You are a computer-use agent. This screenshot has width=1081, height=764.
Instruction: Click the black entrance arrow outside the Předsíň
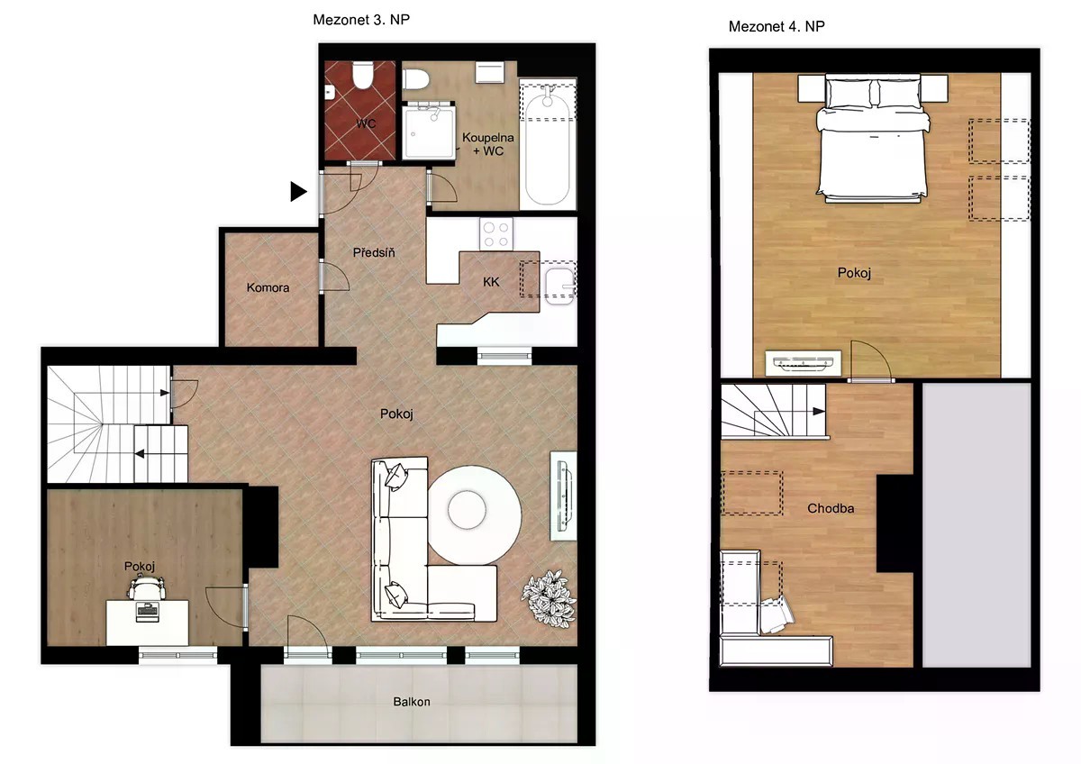pos(298,192)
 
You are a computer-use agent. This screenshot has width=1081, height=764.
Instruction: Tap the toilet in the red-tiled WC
pos(362,75)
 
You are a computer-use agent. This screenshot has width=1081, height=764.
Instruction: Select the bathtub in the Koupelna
pos(548,144)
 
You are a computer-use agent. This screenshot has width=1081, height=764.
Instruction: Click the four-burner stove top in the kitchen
pos(496,234)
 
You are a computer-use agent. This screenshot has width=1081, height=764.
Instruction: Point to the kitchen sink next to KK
pos(559,286)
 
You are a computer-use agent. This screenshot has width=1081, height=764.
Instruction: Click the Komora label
pos(268,287)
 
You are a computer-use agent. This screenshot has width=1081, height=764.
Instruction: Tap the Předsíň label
pos(374,252)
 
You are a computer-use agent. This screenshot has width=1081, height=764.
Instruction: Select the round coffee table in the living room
pos(475,514)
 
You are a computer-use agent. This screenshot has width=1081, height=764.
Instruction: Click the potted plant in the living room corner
pos(550,599)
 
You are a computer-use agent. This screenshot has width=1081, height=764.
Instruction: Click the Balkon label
pos(412,702)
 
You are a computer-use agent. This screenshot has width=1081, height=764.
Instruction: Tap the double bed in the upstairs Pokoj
pos(873,138)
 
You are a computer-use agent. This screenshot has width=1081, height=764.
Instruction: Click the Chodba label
pos(831,508)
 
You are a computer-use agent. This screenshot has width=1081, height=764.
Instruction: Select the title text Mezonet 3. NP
pos(361,20)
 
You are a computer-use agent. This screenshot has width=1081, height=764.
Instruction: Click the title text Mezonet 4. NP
pos(777,26)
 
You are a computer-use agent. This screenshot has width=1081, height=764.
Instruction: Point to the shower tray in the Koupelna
pos(429,131)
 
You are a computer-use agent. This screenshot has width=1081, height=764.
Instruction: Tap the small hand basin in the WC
pos(331,92)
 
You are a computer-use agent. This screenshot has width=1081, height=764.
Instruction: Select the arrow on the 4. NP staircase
pos(819,411)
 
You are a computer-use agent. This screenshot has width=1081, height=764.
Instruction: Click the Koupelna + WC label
pos(488,144)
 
